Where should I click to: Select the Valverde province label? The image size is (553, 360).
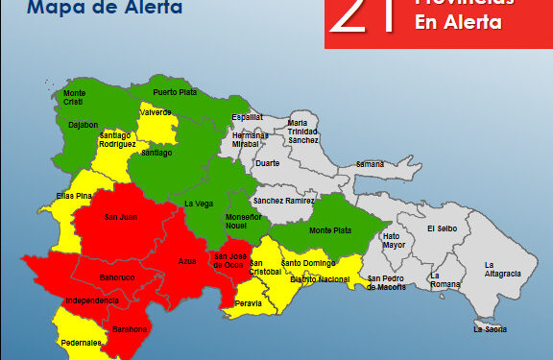coord(156,112)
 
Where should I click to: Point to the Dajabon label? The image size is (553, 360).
coord(84,124)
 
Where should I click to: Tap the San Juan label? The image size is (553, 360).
coord(120,217)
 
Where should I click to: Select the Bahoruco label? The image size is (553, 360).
coord(117,278)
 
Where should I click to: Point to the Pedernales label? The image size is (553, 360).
coord(79,341)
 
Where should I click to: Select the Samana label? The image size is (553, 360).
coord(370,164)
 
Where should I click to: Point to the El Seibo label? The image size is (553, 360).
coord(444,228)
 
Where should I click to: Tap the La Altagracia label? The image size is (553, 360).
coord(502,269)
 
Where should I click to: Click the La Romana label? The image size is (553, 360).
coord(445,281)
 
